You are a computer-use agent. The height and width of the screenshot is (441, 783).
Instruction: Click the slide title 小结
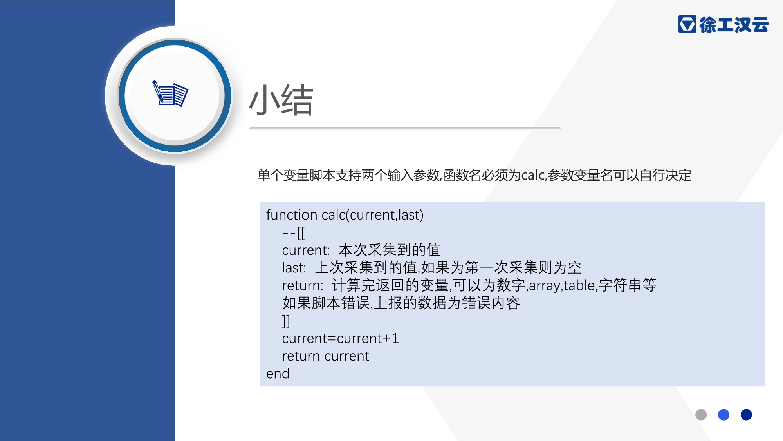click(x=281, y=100)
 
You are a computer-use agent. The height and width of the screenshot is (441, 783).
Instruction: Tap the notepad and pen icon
click(x=170, y=93)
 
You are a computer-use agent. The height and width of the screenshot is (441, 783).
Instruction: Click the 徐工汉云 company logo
click(x=723, y=24)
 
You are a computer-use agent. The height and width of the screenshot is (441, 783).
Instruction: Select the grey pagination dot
click(x=701, y=415)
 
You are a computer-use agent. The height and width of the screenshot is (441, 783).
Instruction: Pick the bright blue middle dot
click(x=723, y=415)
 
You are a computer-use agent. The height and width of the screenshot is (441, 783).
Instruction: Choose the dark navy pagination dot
click(x=746, y=415)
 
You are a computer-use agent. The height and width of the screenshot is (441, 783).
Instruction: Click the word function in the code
click(x=292, y=215)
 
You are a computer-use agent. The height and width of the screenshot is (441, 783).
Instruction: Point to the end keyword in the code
click(x=278, y=374)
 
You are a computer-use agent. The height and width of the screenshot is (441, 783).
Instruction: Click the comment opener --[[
click(x=294, y=233)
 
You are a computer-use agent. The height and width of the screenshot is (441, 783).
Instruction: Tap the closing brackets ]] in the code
click(x=286, y=321)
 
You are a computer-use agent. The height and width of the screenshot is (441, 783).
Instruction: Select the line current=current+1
click(x=341, y=338)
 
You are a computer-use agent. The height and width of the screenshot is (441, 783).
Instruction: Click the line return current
click(x=325, y=356)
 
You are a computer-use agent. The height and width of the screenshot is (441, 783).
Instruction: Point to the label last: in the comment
click(x=294, y=268)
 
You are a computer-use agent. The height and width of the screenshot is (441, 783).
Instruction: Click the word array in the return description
click(x=545, y=286)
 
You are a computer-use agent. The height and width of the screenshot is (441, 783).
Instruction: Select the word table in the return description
click(x=579, y=285)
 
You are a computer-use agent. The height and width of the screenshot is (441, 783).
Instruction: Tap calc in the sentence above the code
click(x=533, y=175)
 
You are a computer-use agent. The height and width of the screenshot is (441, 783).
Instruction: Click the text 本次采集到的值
click(x=390, y=250)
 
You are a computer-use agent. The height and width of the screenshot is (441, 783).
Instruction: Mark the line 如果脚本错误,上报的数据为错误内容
click(x=401, y=303)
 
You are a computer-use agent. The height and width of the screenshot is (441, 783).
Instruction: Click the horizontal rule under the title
click(x=405, y=128)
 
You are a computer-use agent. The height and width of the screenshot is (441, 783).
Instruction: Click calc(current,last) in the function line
click(x=372, y=215)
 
